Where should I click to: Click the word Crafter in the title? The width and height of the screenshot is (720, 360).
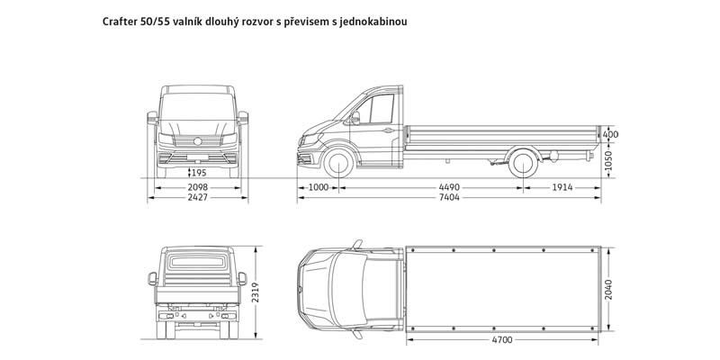tap(122, 19)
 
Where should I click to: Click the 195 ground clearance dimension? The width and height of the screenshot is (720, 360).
tap(198, 172)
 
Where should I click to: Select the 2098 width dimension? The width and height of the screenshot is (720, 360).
tap(198, 186)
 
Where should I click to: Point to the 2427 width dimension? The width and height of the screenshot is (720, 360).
tap(198, 198)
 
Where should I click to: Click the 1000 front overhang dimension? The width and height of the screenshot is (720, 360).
tap(318, 186)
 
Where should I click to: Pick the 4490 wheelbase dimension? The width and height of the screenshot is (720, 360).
tap(449, 186)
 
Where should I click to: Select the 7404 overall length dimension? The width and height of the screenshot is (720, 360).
tap(449, 198)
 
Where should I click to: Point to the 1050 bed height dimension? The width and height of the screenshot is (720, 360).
tap(611, 159)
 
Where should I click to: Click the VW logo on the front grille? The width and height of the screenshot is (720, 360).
tap(199, 140)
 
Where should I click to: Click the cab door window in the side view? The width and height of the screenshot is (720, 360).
tap(369, 109)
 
